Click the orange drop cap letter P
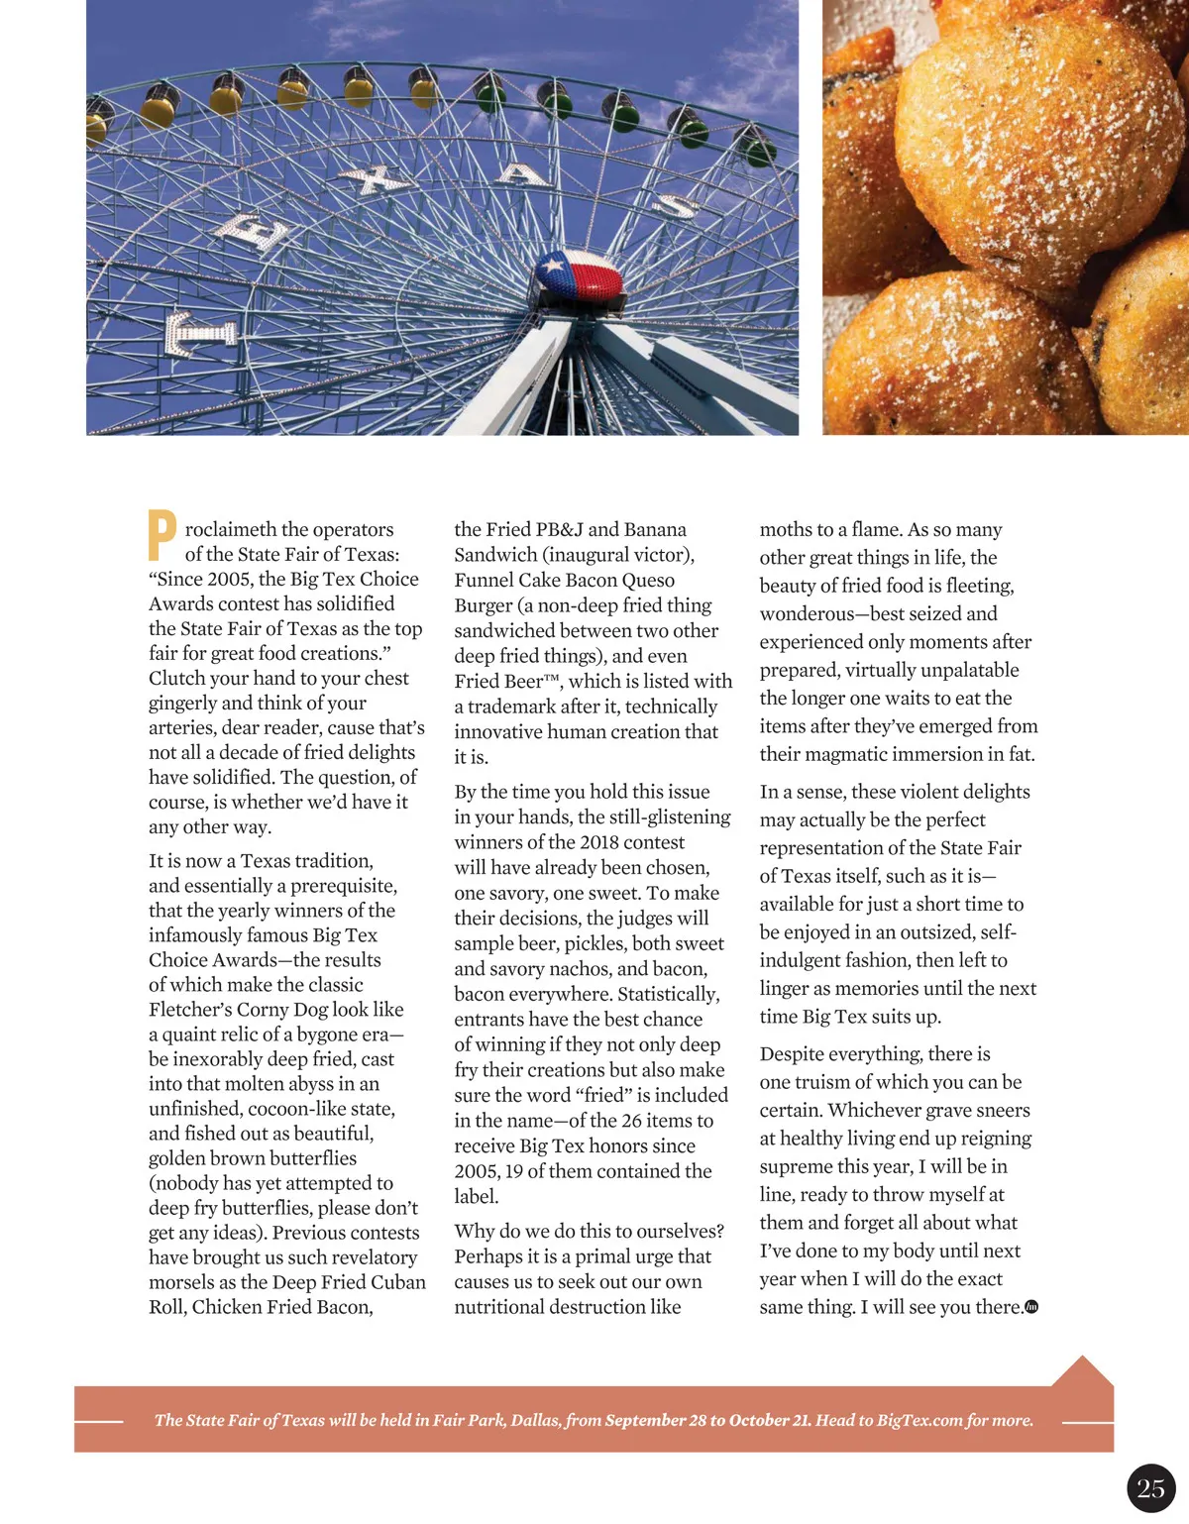click(162, 535)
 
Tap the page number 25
click(1150, 1488)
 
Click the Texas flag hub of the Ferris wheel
click(580, 277)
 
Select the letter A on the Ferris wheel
click(522, 174)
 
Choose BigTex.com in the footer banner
click(919, 1420)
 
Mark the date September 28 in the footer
click(655, 1420)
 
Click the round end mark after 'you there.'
click(1031, 1307)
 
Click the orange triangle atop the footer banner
click(1082, 1371)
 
